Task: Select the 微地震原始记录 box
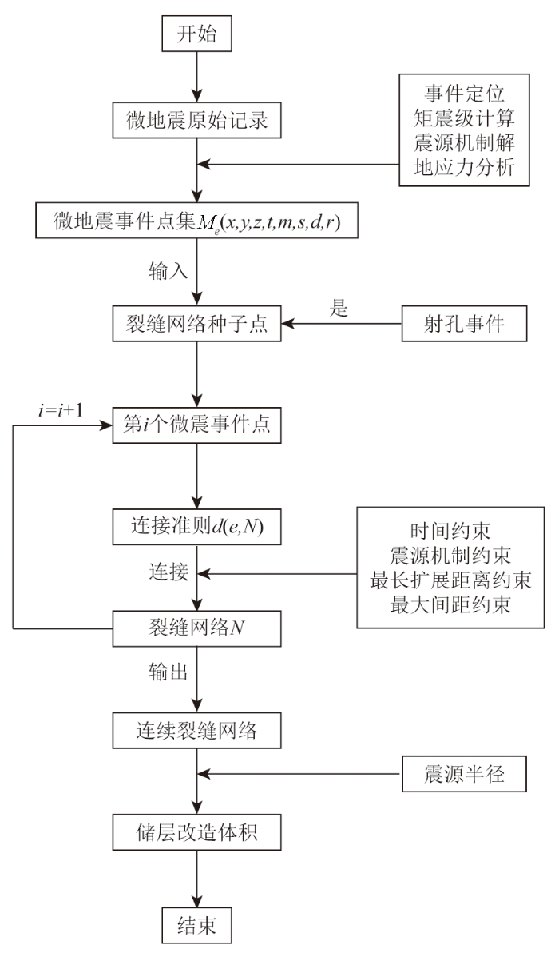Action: click(x=196, y=122)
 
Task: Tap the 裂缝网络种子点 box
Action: click(x=196, y=325)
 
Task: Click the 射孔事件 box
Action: click(x=464, y=325)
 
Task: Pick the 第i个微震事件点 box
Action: click(x=196, y=423)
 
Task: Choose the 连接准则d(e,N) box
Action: click(x=196, y=526)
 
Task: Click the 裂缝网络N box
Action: click(x=196, y=628)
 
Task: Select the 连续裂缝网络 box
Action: click(x=196, y=730)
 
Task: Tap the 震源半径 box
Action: click(x=464, y=774)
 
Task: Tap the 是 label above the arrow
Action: click(x=339, y=309)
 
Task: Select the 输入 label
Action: click(x=168, y=270)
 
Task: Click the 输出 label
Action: click(x=168, y=672)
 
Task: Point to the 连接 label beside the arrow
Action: click(x=168, y=572)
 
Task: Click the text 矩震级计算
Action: click(x=464, y=119)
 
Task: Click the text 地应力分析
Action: click(x=464, y=168)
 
